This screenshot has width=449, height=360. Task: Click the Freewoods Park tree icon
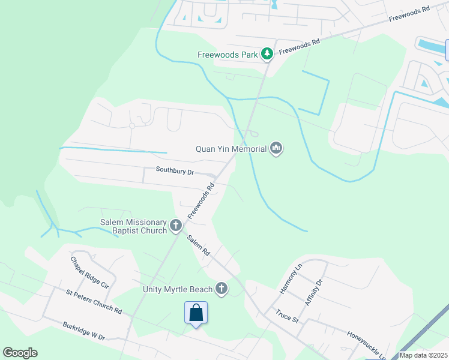[x=267, y=55]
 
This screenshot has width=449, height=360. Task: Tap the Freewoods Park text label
[x=228, y=55]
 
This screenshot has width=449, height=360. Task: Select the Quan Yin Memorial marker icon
[x=276, y=148]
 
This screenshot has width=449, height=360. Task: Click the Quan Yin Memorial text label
[x=231, y=148]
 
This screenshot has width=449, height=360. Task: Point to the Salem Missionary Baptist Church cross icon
[x=176, y=226]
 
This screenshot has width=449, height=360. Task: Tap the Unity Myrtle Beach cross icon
[x=222, y=289]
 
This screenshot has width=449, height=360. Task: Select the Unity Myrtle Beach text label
[x=178, y=289]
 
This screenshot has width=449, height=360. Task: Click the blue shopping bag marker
[x=196, y=313]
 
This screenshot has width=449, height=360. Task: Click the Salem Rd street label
[x=197, y=245]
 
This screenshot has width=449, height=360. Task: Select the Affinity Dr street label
[x=313, y=292]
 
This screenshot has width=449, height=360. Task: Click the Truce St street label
[x=288, y=315]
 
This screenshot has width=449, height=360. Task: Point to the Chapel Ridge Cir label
[x=89, y=274]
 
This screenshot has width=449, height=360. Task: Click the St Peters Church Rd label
[x=94, y=302]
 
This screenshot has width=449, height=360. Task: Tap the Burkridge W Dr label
[x=83, y=332]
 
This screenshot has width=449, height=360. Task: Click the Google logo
[x=20, y=353]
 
